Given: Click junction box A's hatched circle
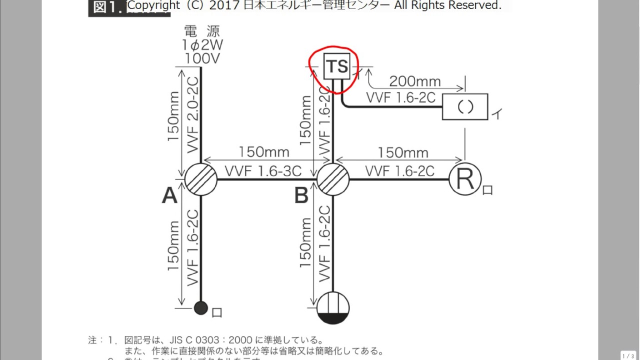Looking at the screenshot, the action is (x=201, y=178).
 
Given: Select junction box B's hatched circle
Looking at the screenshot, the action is (x=333, y=178).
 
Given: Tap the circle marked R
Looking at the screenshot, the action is (x=465, y=179).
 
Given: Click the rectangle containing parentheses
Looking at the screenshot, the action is (x=465, y=107).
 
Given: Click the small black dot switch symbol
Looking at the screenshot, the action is (x=200, y=307).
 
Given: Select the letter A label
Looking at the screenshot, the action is (x=169, y=196).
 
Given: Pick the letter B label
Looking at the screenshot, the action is (x=301, y=196).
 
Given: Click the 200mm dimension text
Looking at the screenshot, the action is (x=415, y=81).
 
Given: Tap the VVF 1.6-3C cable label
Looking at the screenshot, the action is (x=263, y=171).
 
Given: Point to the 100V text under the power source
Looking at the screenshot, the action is (x=203, y=58).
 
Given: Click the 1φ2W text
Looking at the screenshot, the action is (x=203, y=45).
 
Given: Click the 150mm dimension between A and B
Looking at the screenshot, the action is (x=264, y=152).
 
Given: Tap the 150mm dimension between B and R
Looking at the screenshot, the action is (x=403, y=152).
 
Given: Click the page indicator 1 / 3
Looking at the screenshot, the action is (x=628, y=355).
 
